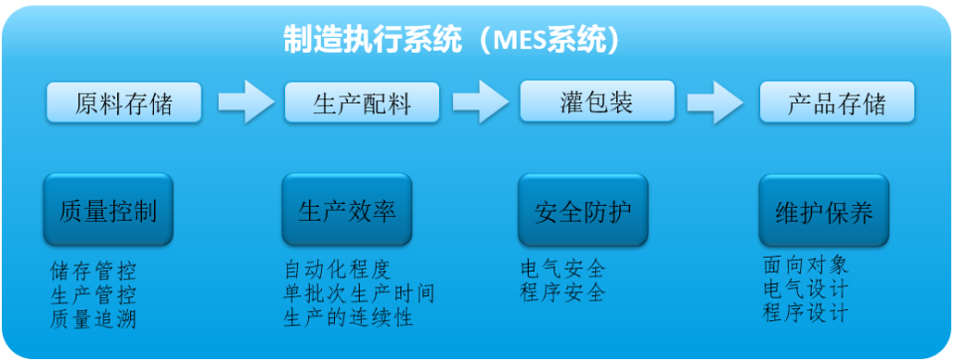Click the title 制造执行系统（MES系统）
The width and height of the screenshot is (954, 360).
tap(451, 40)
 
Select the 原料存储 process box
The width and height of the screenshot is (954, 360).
tap(123, 102)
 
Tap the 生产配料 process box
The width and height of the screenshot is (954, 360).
tap(361, 102)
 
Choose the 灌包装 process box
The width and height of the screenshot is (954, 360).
tap(597, 100)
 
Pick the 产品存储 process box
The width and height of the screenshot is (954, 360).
tap(836, 102)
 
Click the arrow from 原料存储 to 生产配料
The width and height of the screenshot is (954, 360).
tap(244, 101)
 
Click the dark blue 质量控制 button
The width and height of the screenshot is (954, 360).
tap(108, 211)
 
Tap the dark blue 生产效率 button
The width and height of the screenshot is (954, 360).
tap(346, 211)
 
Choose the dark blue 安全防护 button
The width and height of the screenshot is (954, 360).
tap(582, 211)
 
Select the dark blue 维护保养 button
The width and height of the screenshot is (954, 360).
tap(823, 211)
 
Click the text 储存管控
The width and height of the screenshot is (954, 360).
tap(93, 273)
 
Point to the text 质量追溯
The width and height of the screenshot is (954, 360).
tap(93, 320)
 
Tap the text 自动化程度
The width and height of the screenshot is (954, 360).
tap(337, 270)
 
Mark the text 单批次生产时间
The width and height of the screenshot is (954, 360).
tap(359, 294)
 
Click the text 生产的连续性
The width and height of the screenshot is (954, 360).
tap(348, 317)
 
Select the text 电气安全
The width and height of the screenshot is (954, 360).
tap(562, 270)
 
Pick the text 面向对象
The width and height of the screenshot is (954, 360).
tap(805, 265)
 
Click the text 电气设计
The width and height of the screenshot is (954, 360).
tap(805, 289)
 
